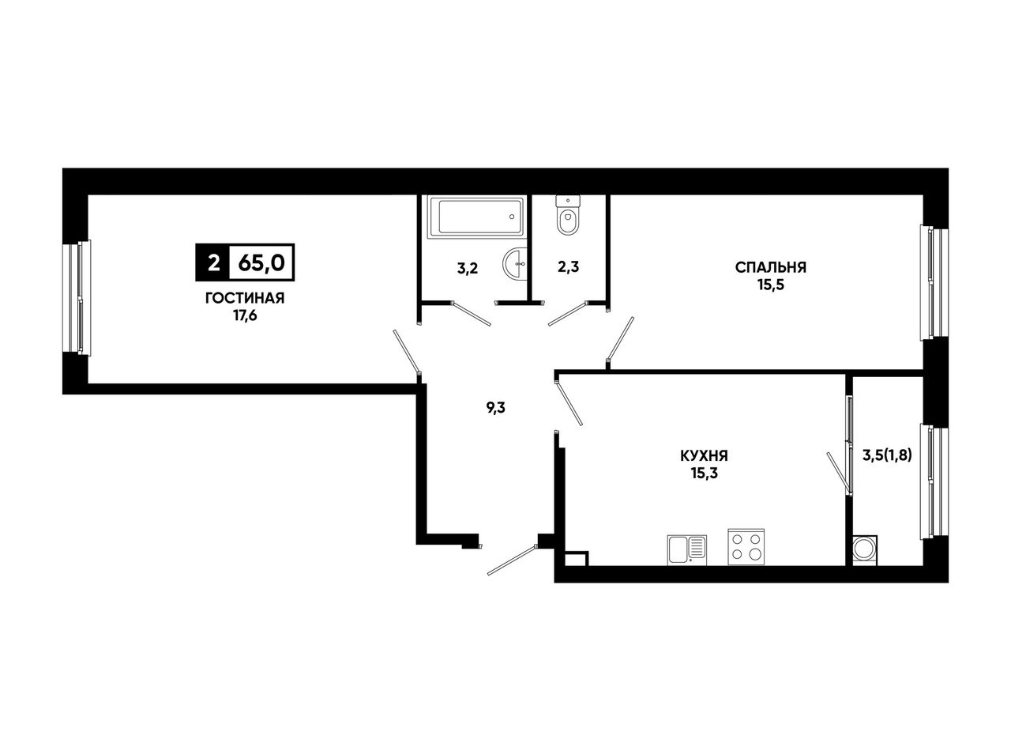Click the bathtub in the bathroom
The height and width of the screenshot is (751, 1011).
click(x=477, y=217)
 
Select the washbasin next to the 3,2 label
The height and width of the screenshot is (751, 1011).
click(x=515, y=263)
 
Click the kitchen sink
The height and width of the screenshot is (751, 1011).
click(x=686, y=550)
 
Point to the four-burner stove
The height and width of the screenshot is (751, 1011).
click(x=746, y=547)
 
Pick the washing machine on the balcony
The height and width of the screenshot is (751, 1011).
click(x=865, y=550)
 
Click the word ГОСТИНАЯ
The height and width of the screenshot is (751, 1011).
click(x=245, y=298)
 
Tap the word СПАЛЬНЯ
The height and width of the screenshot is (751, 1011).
click(x=770, y=267)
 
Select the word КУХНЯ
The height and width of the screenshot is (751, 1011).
click(x=705, y=456)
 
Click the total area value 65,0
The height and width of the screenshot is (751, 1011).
click(x=261, y=262)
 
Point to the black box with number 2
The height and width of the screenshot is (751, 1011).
click(x=213, y=262)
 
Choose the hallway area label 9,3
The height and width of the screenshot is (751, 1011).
click(x=495, y=408)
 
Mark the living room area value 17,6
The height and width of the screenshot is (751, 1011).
click(x=245, y=315)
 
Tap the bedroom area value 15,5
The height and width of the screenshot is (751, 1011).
click(x=770, y=285)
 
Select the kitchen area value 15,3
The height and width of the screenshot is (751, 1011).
click(x=705, y=474)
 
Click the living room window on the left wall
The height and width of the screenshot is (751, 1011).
click(x=77, y=297)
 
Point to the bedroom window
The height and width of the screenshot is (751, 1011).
click(x=934, y=282)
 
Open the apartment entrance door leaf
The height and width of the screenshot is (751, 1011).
click(x=512, y=560)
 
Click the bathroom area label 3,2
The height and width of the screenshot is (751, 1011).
click(x=468, y=268)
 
